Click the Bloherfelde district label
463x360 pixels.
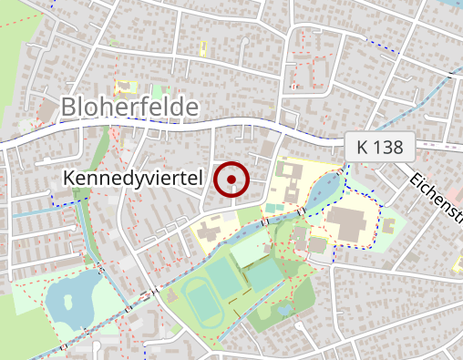(129, 108)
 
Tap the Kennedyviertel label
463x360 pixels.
(132, 180)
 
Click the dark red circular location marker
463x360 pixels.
(231, 180)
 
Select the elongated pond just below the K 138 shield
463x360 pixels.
(324, 191)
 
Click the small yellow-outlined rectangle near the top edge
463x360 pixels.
(203, 46)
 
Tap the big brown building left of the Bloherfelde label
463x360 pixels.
(44, 111)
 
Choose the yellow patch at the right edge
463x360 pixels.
(458, 263)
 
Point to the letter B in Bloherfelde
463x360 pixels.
(69, 108)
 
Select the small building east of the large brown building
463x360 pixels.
(390, 221)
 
